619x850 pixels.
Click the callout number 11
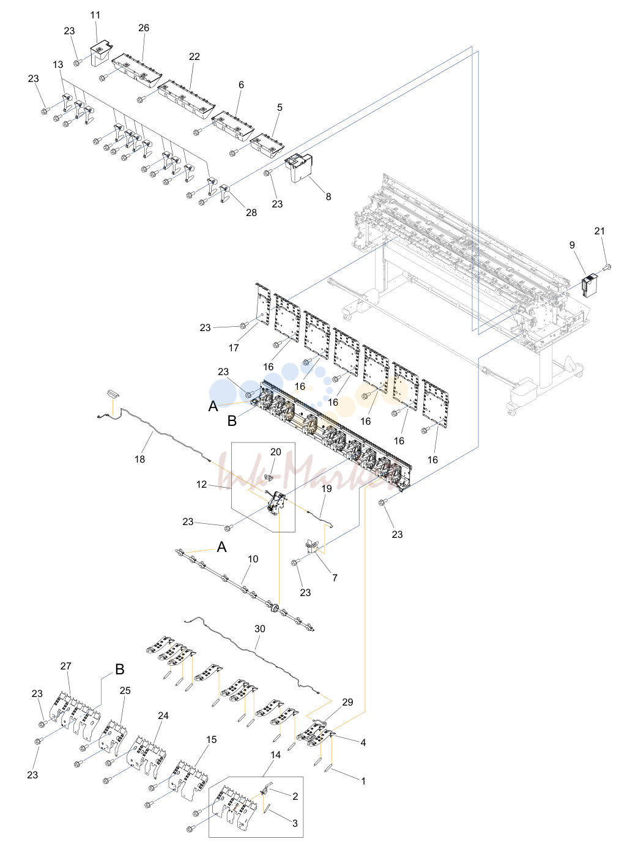[x=95, y=15]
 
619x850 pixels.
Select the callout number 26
[x=144, y=28]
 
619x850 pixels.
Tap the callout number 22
[x=194, y=56]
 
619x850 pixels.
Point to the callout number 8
[x=328, y=196]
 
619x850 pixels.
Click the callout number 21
[x=599, y=231]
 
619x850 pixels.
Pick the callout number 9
[x=572, y=245]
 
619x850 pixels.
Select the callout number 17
[x=234, y=348]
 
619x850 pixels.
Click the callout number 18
[x=139, y=459]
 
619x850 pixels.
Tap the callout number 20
[x=276, y=452]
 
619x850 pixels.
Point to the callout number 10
[x=253, y=559]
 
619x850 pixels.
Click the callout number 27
[x=65, y=666]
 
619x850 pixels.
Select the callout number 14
[x=275, y=755]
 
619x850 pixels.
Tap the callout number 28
[x=251, y=212]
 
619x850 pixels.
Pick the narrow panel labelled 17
[x=263, y=304]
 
